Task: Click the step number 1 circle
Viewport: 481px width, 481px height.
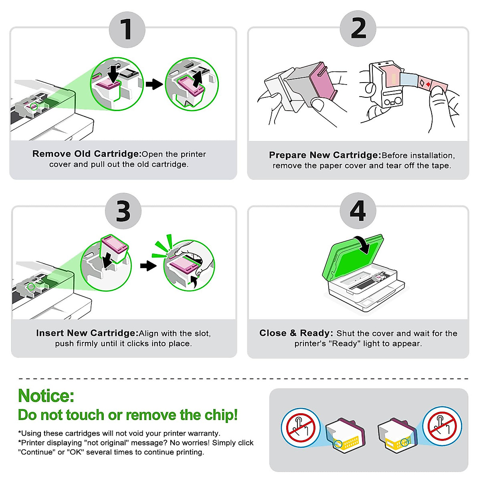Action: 127,30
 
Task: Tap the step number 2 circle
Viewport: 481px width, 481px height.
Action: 358,29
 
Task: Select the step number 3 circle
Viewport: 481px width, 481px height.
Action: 123,211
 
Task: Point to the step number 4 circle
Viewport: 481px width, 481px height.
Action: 358,211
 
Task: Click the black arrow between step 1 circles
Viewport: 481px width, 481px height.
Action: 154,84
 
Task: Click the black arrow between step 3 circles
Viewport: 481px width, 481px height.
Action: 148,266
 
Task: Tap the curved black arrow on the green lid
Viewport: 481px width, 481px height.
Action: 364,245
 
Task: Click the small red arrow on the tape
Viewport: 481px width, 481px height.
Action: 428,84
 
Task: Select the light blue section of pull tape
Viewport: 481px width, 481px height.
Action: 409,79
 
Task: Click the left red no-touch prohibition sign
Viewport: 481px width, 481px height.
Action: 301,428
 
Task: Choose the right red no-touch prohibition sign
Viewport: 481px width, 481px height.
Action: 442,426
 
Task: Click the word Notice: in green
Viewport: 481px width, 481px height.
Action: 46,396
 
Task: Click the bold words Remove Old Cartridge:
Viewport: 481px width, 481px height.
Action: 87,154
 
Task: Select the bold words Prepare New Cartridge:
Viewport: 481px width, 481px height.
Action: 325,155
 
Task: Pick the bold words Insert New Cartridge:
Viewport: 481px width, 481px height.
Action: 87,333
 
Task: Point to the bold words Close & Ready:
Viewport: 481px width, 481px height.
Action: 296,333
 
